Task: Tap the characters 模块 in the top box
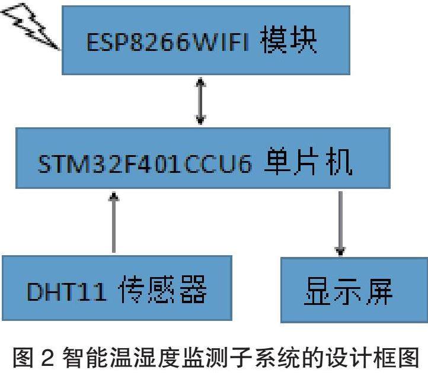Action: [289, 41]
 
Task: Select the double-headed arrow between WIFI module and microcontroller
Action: [201, 101]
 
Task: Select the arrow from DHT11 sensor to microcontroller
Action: [113, 223]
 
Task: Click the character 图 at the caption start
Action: [26, 356]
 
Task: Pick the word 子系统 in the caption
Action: [270, 356]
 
